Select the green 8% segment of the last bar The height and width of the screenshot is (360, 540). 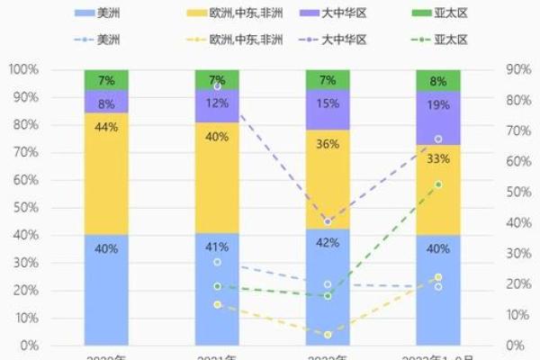click(438, 80)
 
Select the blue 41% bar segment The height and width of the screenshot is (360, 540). click(217, 289)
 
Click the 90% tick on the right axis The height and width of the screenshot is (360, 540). click(516, 69)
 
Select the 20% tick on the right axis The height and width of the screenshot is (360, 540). click(516, 284)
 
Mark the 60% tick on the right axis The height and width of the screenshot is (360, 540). click(516, 162)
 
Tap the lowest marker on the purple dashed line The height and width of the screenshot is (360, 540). click(328, 221)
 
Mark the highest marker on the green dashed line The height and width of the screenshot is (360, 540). click(438, 184)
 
